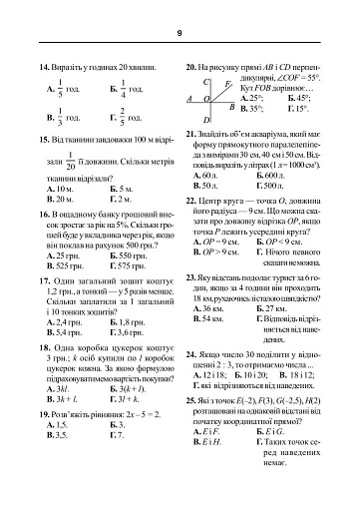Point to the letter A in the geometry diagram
pyautogui.click(x=190, y=99)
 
